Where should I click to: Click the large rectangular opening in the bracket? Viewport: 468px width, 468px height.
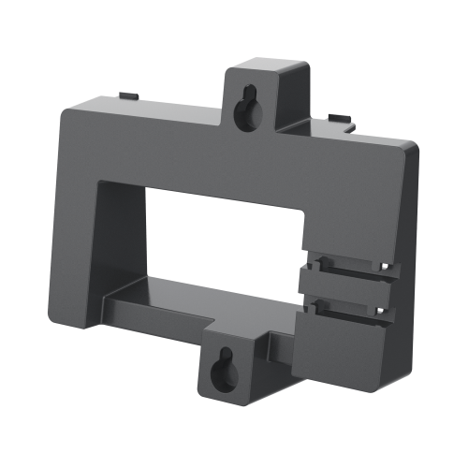225,234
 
